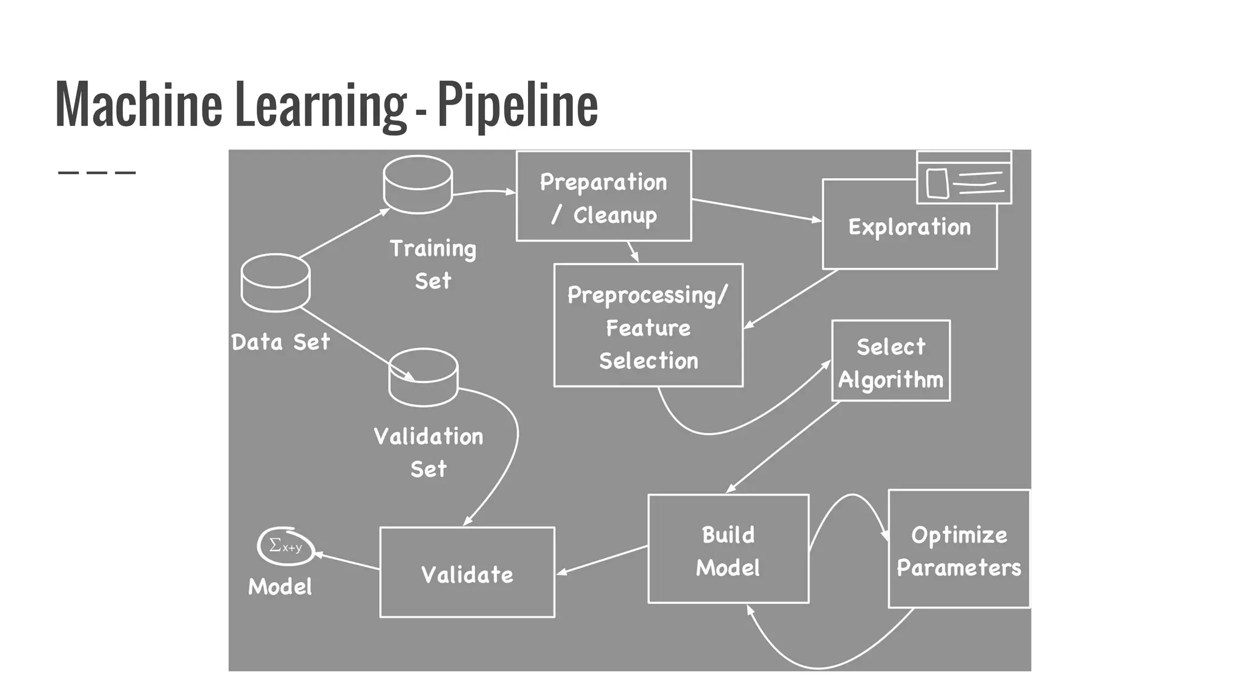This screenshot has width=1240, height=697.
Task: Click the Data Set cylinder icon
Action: [x=275, y=283]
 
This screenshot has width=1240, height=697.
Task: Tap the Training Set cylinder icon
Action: [x=418, y=185]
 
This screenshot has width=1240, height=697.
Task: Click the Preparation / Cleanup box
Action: [x=604, y=197]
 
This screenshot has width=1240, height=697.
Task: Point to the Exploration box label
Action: [x=909, y=227]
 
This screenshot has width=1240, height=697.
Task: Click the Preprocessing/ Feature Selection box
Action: [x=648, y=327]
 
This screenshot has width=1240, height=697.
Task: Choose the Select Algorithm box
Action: [x=891, y=362]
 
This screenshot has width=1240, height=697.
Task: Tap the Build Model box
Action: [x=728, y=549]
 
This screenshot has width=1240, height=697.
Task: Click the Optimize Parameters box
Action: [x=958, y=549]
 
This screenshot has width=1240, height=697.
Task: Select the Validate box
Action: [x=467, y=573]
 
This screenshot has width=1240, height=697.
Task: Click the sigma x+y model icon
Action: [x=286, y=546]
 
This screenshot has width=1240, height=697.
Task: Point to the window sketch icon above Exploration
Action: [x=964, y=178]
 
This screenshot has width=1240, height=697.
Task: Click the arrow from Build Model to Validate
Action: [x=602, y=560]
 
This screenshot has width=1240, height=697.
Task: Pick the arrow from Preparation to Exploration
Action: [x=756, y=210]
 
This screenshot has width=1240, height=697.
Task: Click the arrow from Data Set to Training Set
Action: [x=344, y=234]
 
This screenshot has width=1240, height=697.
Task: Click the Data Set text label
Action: [x=281, y=342]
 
